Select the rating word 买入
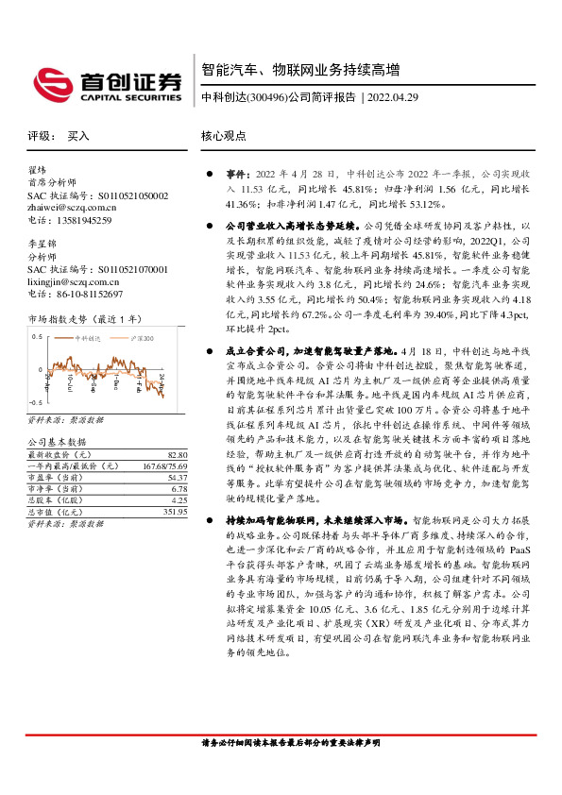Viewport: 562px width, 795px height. coord(78,136)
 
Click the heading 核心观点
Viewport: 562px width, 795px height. coord(224,136)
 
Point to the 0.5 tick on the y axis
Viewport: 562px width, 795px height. coord(38,336)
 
